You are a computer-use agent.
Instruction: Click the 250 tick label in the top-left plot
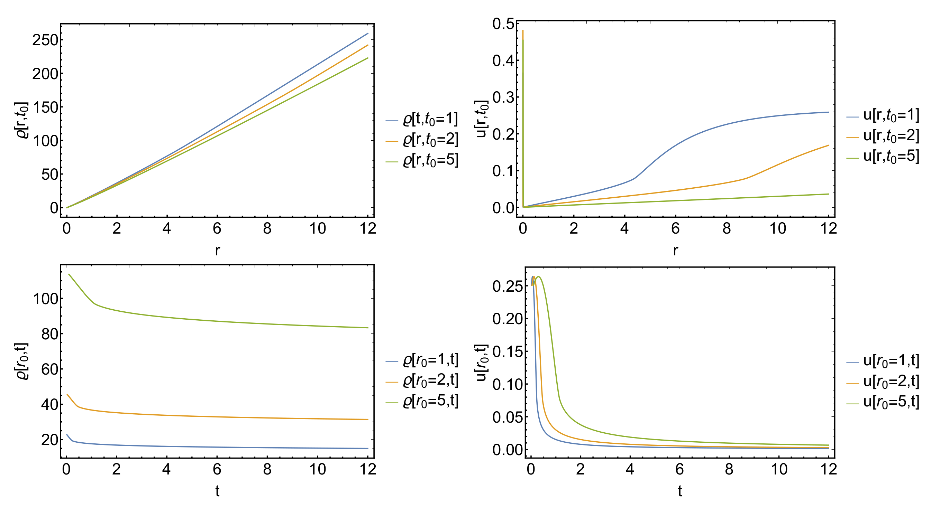(45, 40)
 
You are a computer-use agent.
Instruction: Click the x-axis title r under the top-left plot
(217, 250)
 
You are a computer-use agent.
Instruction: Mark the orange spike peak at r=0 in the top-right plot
(523, 31)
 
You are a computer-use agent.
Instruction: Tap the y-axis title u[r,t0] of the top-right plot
(481, 119)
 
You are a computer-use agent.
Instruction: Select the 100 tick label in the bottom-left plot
(45, 299)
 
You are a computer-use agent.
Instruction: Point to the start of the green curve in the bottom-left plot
(69, 274)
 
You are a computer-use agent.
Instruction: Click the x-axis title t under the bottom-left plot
(217, 491)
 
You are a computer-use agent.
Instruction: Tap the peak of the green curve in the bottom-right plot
(539, 277)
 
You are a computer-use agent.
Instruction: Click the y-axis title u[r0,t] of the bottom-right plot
(481, 363)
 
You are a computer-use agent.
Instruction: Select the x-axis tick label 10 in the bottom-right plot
(779, 469)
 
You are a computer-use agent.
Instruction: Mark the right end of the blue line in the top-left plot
(368, 34)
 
